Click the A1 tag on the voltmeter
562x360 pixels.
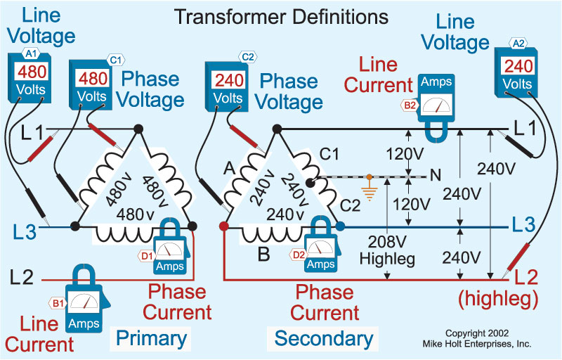coord(31,53)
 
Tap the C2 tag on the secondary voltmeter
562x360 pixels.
coord(247,56)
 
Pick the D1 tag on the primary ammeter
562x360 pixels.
coord(148,256)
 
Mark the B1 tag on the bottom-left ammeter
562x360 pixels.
coord(56,303)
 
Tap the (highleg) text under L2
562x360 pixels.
coord(498,299)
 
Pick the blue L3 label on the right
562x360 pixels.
coord(524,226)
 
